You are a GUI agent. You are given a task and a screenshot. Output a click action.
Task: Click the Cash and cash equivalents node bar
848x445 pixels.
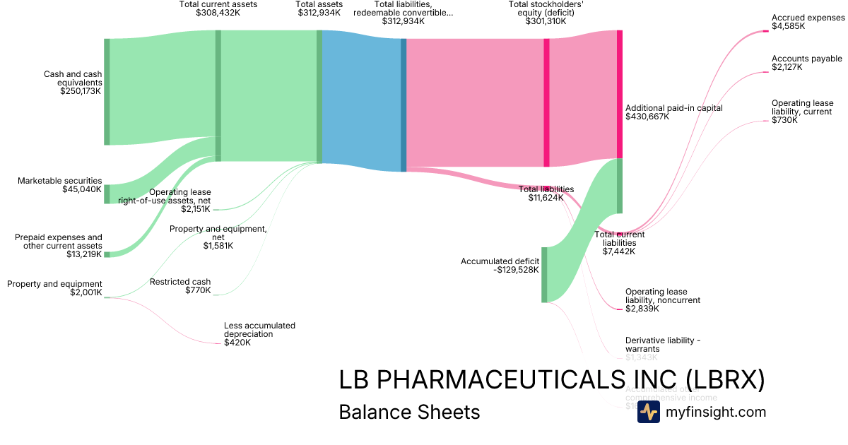pos(107,92)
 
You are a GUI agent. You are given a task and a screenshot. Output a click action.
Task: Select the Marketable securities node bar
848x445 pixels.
pos(107,194)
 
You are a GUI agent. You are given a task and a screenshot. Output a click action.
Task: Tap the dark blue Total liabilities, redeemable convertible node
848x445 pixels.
pos(404,105)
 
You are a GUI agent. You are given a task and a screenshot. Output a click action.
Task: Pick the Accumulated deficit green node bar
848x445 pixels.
pos(544,275)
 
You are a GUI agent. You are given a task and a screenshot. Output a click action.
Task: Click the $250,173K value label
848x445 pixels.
pos(81,91)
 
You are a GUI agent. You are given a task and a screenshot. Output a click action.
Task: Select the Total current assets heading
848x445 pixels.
pos(218,5)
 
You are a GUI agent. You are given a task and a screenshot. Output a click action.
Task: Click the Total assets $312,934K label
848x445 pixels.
pos(319,8)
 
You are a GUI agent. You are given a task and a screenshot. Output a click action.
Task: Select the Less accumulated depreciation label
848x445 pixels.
pos(259,330)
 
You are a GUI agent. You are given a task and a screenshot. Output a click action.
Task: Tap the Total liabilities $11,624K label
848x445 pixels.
pos(546,194)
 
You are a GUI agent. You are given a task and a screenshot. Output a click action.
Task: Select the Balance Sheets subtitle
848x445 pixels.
pos(409,413)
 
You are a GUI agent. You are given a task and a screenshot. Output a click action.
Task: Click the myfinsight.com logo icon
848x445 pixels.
pos(648,413)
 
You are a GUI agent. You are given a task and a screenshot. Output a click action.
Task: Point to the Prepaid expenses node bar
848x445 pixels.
pos(107,254)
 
